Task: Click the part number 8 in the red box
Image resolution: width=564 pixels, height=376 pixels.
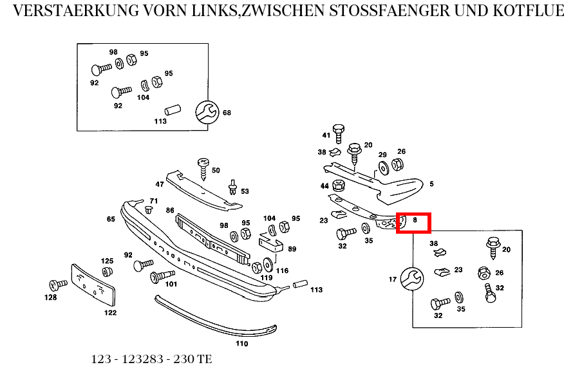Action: [x=415, y=220]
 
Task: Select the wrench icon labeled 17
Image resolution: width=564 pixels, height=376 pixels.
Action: [x=411, y=279]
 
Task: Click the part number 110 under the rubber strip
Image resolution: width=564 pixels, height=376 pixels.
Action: [x=241, y=344]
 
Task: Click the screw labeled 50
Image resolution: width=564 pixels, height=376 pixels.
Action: [x=203, y=167]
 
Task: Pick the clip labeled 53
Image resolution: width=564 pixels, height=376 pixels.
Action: [x=231, y=189]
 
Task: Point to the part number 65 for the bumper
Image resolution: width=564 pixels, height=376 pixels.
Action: [x=111, y=220]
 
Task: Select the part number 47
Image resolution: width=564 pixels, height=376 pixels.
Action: [x=159, y=184]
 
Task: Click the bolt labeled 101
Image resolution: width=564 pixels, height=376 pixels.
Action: [x=159, y=277]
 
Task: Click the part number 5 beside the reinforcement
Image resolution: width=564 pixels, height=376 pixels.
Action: [x=431, y=184]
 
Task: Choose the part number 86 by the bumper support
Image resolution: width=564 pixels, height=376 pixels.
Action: [x=170, y=211]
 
